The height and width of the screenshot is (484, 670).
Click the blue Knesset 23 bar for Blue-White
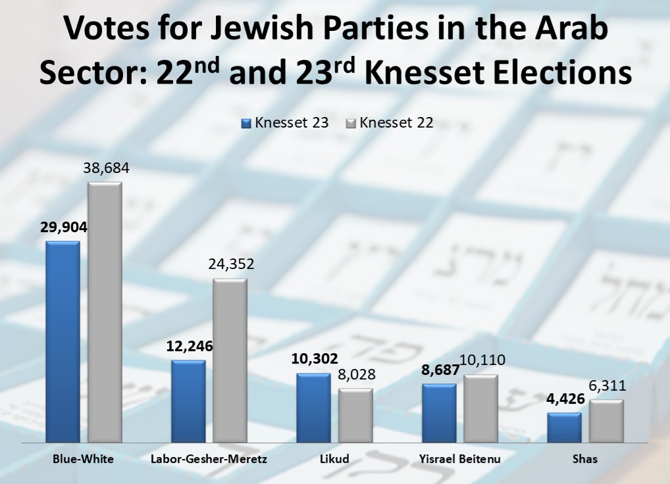point(63,342)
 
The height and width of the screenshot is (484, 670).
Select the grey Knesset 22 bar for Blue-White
point(105,312)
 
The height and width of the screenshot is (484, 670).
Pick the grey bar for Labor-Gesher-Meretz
point(230,360)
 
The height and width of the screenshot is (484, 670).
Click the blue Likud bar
point(313,408)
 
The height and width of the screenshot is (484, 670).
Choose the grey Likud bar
point(355,416)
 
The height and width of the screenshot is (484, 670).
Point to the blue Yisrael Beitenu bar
point(439,413)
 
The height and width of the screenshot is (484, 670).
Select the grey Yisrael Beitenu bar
point(481,409)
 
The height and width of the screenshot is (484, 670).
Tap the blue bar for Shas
point(564,427)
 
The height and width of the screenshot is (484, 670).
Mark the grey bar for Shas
point(606,422)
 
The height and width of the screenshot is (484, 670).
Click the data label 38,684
point(106,168)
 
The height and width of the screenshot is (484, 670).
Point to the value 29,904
point(63,228)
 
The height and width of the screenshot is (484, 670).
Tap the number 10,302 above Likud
point(313,359)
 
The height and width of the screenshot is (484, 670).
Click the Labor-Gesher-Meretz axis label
point(209,459)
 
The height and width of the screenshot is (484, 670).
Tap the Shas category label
point(584,459)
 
